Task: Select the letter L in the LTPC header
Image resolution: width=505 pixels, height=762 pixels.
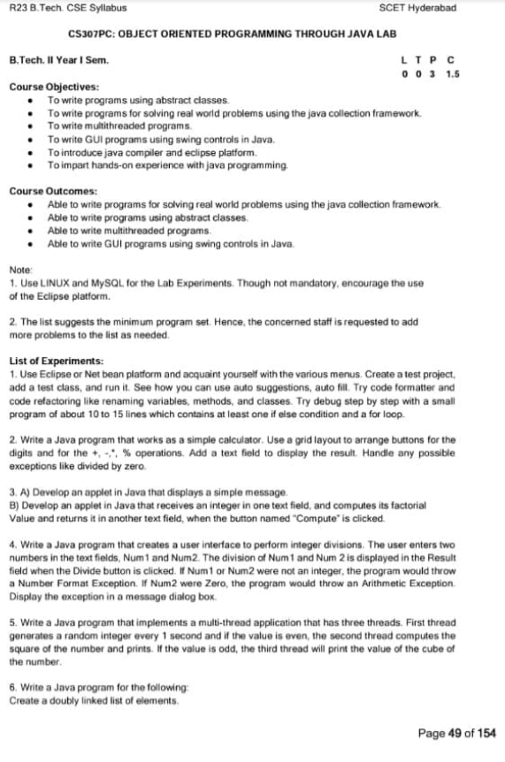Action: point(405,60)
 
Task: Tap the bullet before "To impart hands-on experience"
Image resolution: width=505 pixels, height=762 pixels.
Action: point(32,165)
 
